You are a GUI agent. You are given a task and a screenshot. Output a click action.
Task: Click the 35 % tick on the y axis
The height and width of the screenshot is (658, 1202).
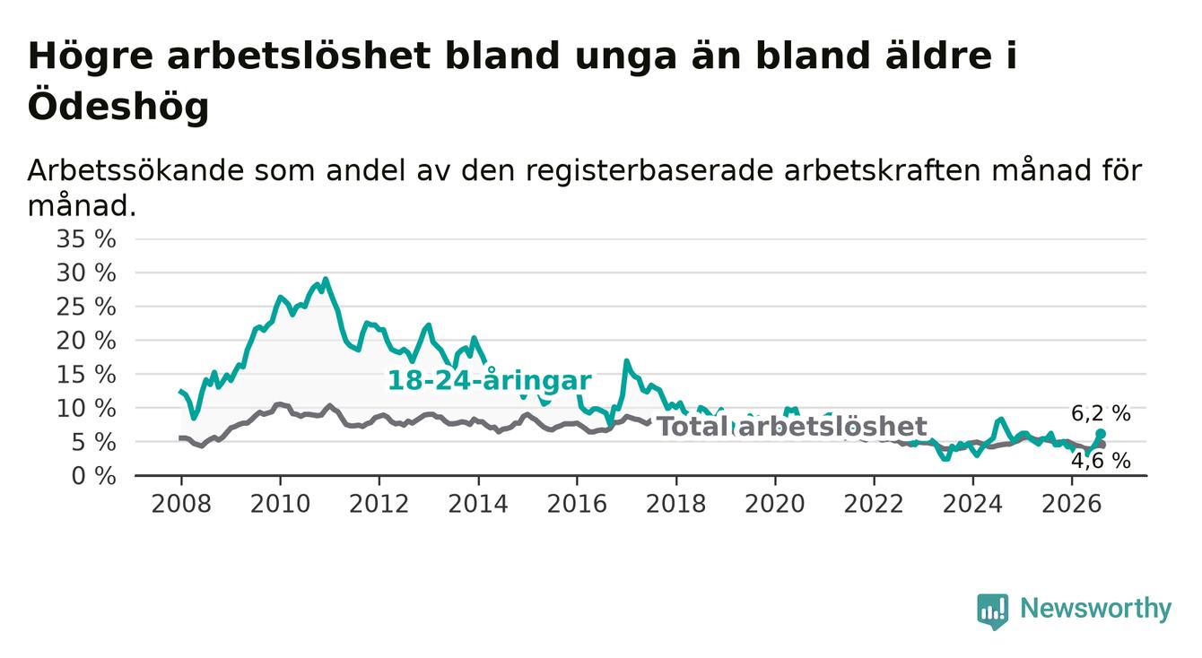[x=86, y=239]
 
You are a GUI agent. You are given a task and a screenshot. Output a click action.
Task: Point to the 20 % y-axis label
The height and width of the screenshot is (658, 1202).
[x=86, y=341]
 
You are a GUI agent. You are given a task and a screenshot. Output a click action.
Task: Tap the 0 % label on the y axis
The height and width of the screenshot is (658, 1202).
[x=93, y=476]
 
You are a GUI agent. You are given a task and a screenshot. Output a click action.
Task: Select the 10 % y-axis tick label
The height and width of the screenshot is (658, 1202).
[x=86, y=409]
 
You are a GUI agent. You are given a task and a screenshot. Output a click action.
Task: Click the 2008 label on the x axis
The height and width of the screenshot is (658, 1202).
[x=181, y=504]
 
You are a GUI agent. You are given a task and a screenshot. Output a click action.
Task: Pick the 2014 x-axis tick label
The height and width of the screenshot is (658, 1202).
[x=478, y=504]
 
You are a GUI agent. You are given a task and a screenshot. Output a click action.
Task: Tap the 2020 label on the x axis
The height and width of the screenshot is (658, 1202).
[x=775, y=504]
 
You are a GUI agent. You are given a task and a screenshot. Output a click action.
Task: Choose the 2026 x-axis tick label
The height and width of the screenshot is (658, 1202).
[x=1072, y=504]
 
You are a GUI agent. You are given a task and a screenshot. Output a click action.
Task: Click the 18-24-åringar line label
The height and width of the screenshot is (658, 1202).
[x=490, y=381]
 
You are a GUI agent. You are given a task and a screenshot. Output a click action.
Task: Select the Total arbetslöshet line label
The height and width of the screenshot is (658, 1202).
[x=792, y=427]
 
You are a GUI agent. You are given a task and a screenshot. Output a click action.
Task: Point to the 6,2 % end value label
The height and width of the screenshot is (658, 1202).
[x=1102, y=413]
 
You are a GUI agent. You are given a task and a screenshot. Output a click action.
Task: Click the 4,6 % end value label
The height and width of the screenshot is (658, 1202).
[x=1102, y=461]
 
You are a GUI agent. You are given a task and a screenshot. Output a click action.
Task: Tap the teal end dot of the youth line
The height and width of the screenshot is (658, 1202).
[x=1101, y=433]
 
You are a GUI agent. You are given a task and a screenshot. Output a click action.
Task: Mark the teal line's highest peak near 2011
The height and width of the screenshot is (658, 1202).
[x=326, y=279]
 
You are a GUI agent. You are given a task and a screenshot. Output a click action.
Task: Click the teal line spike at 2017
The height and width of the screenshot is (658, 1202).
[x=626, y=361]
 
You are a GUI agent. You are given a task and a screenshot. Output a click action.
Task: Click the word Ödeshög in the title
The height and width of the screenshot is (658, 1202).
[x=118, y=106]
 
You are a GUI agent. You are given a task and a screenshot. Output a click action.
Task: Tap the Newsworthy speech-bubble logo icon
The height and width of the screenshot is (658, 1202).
[x=993, y=610]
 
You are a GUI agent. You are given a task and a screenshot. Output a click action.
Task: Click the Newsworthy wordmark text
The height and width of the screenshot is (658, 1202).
[x=1096, y=609]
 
